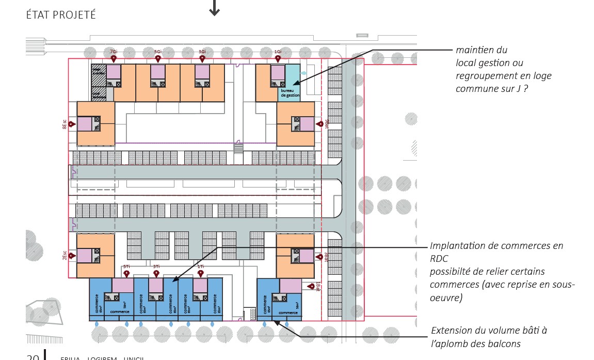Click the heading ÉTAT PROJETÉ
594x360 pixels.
coord(61,15)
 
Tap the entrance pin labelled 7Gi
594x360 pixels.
coord(114,59)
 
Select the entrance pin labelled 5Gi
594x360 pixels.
coord(158,59)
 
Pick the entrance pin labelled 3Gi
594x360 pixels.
coord(202,59)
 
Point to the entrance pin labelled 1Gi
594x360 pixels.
coord(278,59)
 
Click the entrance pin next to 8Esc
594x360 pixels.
coord(71,124)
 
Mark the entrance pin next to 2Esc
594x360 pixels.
coord(71,255)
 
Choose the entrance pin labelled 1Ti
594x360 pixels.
coord(200,273)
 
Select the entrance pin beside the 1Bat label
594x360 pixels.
coord(310,286)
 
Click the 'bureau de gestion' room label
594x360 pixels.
coord(290,93)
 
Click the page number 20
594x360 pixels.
coord(33,356)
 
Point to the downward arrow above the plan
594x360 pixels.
coord(214,8)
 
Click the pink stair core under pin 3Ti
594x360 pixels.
coord(156,286)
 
